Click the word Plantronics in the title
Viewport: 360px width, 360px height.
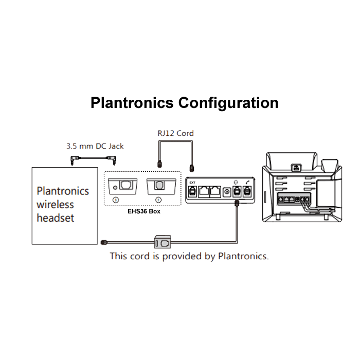(x=132, y=102)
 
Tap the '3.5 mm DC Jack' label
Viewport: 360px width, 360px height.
(x=95, y=146)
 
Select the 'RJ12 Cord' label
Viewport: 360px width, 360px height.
(x=175, y=133)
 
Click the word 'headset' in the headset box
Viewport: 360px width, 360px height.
(x=55, y=218)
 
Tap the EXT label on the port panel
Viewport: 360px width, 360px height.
(x=192, y=182)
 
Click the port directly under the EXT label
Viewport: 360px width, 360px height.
(x=192, y=191)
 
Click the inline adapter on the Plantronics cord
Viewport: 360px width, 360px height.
(x=163, y=241)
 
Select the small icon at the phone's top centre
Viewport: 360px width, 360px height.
(x=297, y=167)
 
